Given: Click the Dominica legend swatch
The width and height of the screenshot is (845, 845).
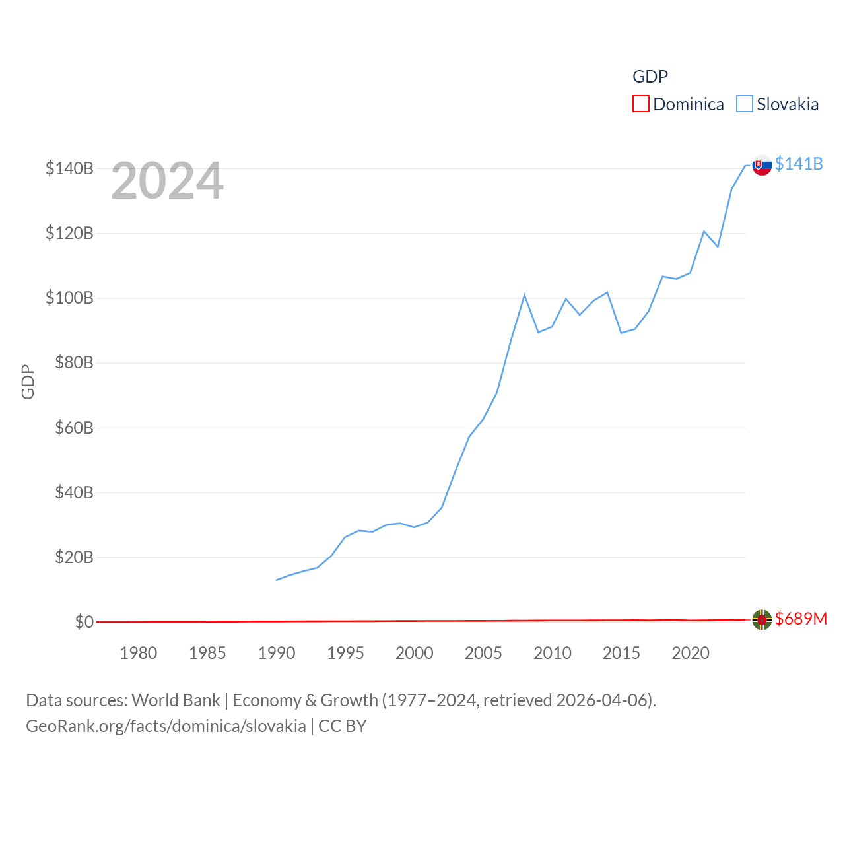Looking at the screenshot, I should [x=640, y=104].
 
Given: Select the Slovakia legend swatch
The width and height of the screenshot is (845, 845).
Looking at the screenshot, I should [x=744, y=104].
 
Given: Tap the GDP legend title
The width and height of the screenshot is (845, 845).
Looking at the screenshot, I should [x=650, y=77].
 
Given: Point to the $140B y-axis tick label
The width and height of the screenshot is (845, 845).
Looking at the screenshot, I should [x=69, y=168].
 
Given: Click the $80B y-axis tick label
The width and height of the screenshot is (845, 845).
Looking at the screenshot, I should [x=74, y=362].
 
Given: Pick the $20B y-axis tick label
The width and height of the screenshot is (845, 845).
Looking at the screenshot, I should [x=74, y=557].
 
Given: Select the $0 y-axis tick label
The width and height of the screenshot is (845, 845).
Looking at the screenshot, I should [x=84, y=622].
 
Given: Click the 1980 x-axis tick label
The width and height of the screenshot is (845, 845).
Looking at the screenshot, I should [x=138, y=653].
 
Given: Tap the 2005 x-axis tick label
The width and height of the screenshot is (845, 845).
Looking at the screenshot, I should [x=483, y=653].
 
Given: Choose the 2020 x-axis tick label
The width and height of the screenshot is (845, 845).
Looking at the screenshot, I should [x=691, y=653].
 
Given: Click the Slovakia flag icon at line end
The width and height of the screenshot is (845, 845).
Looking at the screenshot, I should [x=762, y=165].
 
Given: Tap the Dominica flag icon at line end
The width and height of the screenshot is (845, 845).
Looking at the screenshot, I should [x=762, y=620].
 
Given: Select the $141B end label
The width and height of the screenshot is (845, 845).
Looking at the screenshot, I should [x=799, y=164].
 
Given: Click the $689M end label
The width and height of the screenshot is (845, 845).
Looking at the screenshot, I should [x=801, y=619].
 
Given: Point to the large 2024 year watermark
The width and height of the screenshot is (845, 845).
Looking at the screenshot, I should [x=167, y=181].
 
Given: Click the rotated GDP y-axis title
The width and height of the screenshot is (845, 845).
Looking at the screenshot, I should [x=28, y=382].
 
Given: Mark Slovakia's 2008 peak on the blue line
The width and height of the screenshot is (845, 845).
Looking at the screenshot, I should [x=524, y=295].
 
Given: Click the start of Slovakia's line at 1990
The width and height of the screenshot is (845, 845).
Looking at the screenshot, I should [x=277, y=580].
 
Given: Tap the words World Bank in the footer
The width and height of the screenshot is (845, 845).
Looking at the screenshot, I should [x=176, y=700].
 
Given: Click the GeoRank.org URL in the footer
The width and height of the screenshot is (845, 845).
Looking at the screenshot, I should [x=166, y=726].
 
